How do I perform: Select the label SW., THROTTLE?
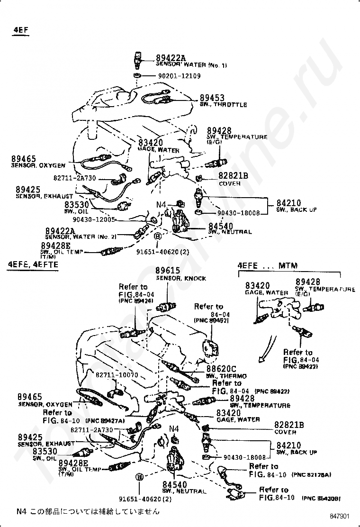[222, 105]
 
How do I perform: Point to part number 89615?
[167, 270]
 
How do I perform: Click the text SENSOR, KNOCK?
[181, 278]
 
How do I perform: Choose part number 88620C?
[220, 369]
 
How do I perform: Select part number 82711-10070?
[117, 375]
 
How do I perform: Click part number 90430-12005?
[94, 219]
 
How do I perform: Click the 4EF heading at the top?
[20, 30]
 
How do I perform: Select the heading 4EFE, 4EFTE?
[33, 264]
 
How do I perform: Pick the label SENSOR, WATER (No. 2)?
[81, 236]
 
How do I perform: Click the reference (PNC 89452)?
[211, 321]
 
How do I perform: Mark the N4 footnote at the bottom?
[88, 511]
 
